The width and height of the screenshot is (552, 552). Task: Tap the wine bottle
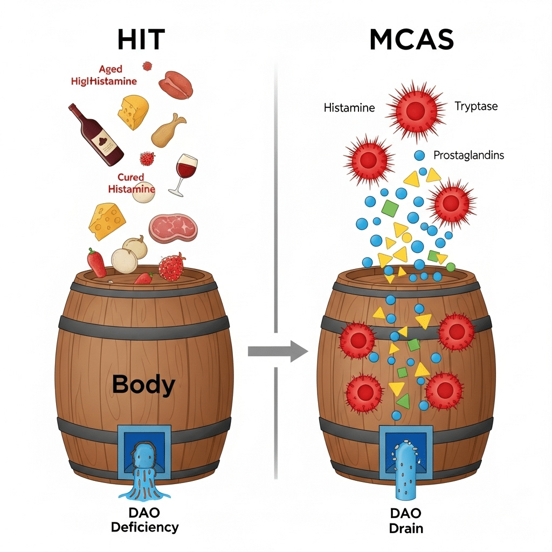pos(97,135)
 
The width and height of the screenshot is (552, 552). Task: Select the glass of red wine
pos(185,171)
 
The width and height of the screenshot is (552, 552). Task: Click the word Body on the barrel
pos(143,385)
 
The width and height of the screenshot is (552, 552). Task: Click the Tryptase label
pos(475,106)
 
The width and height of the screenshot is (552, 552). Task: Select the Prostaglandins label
pos(468,155)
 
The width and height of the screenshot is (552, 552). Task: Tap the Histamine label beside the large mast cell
pos(349,108)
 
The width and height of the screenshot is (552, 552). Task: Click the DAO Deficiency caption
pos(144,520)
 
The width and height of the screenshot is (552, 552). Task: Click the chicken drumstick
pos(167,131)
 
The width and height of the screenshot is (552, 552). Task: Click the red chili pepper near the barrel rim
pos(96,263)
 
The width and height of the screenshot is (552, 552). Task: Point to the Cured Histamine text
pos(131,183)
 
